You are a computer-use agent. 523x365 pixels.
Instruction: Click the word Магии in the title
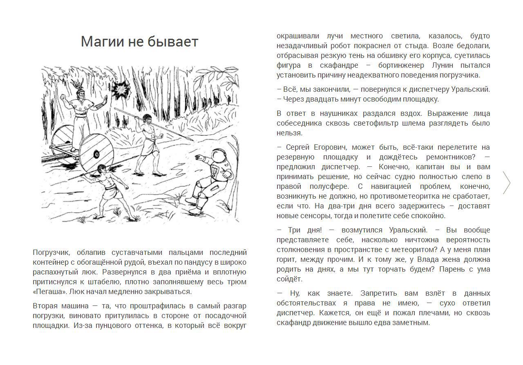(x=98, y=42)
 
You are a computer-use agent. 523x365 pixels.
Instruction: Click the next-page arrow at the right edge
(x=507, y=183)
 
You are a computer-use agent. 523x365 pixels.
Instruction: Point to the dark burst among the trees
(x=121, y=89)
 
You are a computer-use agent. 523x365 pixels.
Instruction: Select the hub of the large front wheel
(x=96, y=154)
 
